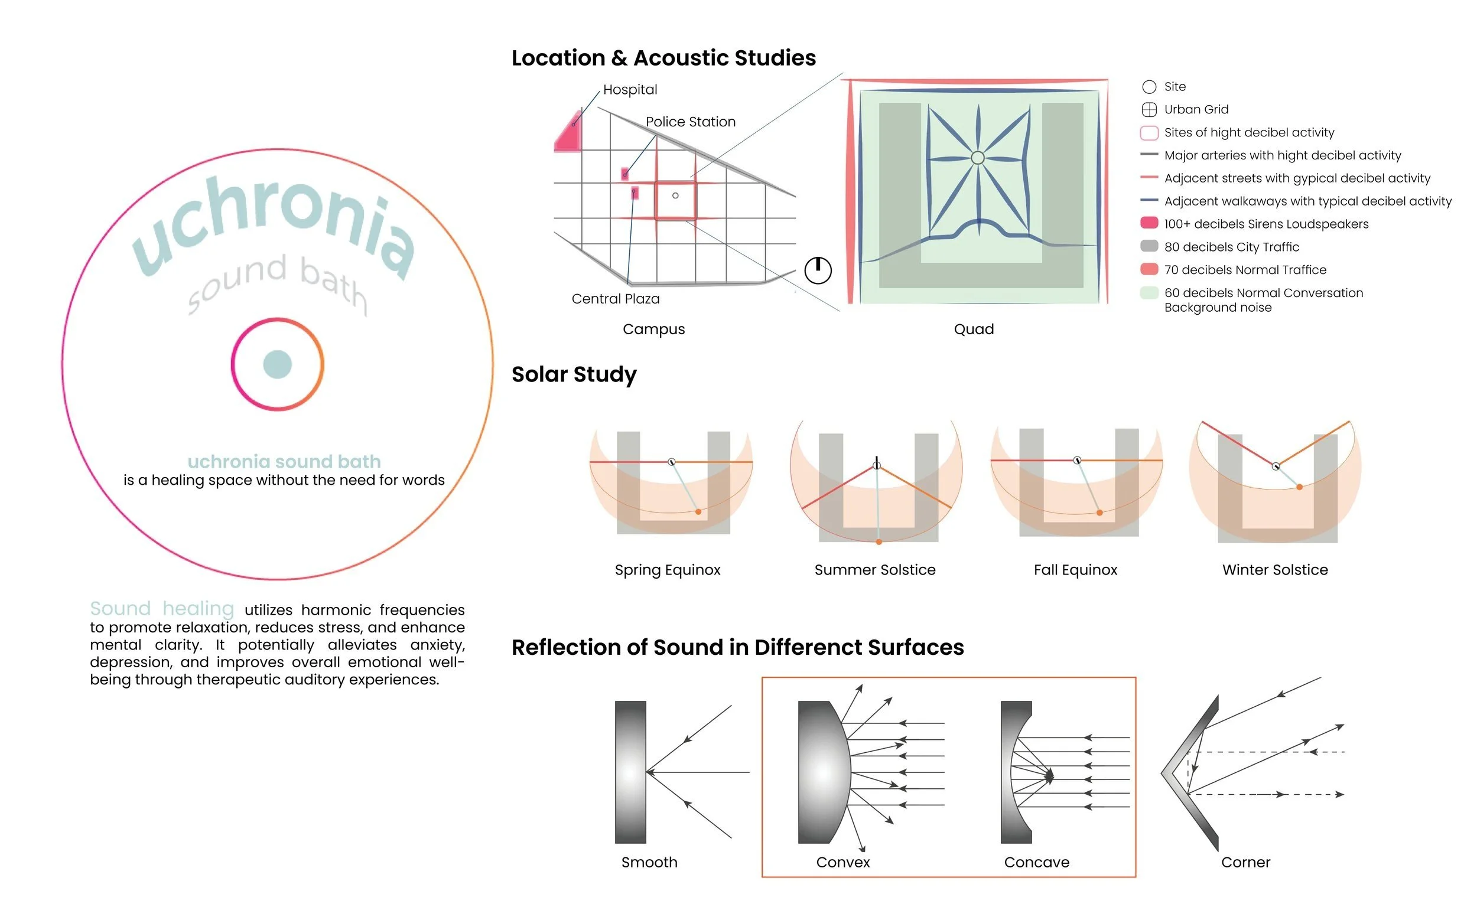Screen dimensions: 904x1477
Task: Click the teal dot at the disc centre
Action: click(278, 364)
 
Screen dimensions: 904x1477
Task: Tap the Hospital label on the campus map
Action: click(630, 90)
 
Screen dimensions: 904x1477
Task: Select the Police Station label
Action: click(691, 122)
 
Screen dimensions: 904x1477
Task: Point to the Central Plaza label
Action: click(616, 299)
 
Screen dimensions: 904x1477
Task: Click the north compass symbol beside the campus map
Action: click(818, 270)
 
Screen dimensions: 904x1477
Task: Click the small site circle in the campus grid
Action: click(675, 196)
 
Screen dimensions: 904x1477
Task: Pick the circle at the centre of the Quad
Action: click(978, 158)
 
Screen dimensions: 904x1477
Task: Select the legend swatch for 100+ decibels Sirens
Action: click(1149, 223)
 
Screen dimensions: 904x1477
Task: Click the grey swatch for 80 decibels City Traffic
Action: click(1149, 246)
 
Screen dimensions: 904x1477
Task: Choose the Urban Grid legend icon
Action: click(1149, 110)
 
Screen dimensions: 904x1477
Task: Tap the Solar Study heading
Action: click(574, 374)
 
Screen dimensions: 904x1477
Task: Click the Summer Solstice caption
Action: click(874, 570)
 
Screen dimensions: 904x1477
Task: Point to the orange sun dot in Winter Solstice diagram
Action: click(1300, 488)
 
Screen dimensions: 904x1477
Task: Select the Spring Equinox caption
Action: click(668, 570)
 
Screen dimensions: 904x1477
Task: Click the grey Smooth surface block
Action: click(630, 772)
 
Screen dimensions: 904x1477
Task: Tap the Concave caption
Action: click(1036, 862)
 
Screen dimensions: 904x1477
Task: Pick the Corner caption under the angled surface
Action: click(1245, 862)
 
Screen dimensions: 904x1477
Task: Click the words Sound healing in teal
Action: click(162, 609)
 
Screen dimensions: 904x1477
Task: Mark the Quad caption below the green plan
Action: click(974, 329)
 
